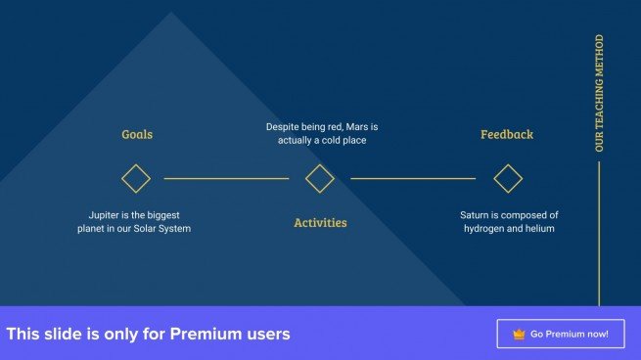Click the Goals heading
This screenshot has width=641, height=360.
[137, 134]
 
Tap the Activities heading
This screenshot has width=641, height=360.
[320, 223]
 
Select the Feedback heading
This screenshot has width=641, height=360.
[507, 134]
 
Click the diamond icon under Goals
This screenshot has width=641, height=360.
[136, 178]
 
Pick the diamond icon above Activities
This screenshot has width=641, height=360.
[320, 178]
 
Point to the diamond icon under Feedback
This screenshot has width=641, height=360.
[508, 178]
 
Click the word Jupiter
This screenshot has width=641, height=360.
[106, 214]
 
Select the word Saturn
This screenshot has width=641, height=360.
[479, 214]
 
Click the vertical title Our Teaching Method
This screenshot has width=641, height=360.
[600, 93]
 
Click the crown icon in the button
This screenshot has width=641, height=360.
[519, 335]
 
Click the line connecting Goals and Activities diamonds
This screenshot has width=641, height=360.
[226, 178]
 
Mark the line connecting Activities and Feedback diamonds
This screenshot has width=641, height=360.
[413, 178]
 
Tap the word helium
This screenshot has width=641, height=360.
[537, 228]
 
